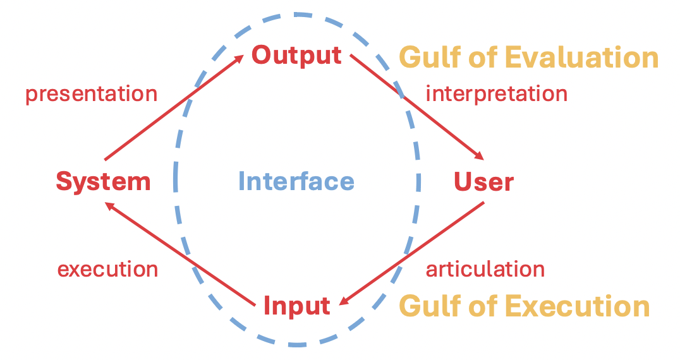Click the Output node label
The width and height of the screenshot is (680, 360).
pyautogui.click(x=296, y=55)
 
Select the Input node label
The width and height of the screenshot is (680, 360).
pyautogui.click(x=296, y=306)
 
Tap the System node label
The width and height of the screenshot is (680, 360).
pyautogui.click(x=103, y=182)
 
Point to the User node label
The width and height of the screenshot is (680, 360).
pyautogui.click(x=483, y=182)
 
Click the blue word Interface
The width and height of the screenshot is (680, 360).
pyautogui.click(x=296, y=182)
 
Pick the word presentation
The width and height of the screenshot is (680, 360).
pyautogui.click(x=91, y=94)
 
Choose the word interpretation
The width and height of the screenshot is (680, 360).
pyautogui.click(x=496, y=93)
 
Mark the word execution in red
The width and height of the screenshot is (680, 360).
pyautogui.click(x=107, y=270)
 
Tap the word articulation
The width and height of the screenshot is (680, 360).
pyautogui.click(x=485, y=269)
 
